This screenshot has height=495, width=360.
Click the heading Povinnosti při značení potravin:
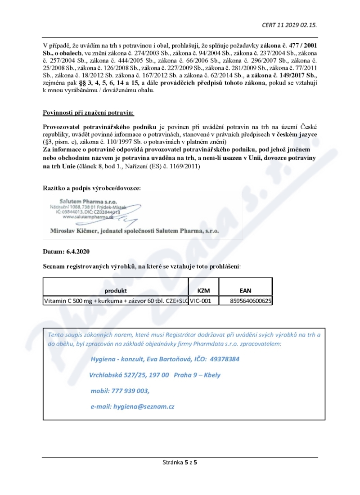click(x=88, y=112)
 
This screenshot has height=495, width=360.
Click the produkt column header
click(x=116, y=290)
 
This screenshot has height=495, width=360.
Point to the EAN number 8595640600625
click(x=251, y=301)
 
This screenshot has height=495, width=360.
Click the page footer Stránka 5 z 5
click(x=180, y=462)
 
